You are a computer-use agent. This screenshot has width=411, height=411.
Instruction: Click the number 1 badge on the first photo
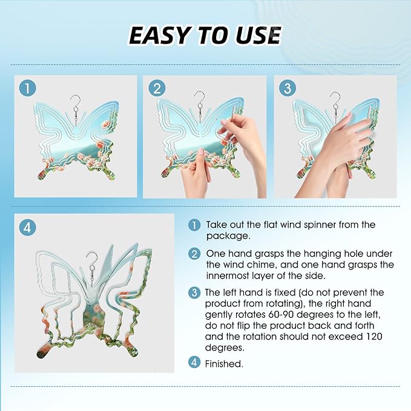[x=27, y=88]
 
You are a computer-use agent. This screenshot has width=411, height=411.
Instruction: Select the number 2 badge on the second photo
[x=157, y=88]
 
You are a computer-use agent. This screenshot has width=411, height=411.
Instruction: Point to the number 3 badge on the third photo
[x=288, y=88]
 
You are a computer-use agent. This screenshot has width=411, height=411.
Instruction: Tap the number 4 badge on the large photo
[x=27, y=227]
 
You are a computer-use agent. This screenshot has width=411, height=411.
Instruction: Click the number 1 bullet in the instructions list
[x=194, y=225]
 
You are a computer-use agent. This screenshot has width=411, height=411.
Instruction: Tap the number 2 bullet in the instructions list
[x=194, y=254]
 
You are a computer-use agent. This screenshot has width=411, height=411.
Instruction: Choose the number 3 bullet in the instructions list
[x=194, y=292]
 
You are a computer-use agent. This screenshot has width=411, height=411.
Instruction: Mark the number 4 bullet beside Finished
[x=194, y=362]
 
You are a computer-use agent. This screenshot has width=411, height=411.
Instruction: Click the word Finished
[x=224, y=364]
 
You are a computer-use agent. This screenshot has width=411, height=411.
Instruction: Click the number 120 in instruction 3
[x=373, y=337]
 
